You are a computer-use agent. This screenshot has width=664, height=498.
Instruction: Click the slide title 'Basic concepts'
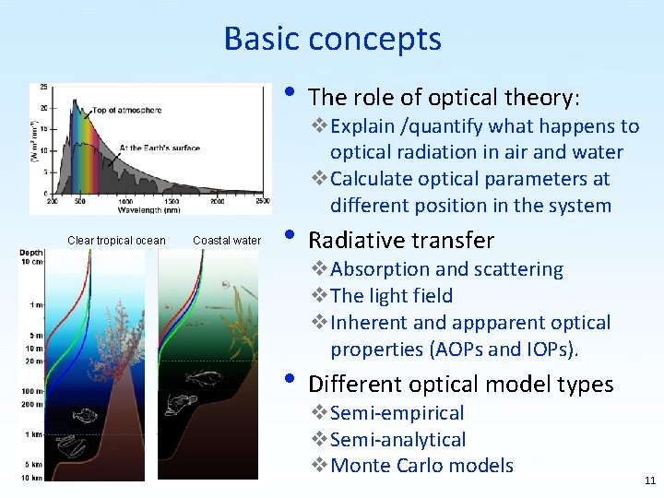[x=332, y=39]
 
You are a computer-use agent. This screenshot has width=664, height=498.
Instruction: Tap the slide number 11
[x=650, y=480]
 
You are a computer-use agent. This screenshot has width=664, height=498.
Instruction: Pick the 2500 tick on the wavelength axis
[x=262, y=200]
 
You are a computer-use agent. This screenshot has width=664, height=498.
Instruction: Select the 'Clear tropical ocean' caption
[x=116, y=242]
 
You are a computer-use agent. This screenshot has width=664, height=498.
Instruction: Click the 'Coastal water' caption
[x=227, y=242]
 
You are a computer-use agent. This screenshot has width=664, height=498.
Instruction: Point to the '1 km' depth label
[x=34, y=434]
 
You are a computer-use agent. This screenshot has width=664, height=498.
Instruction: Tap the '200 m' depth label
[x=32, y=405]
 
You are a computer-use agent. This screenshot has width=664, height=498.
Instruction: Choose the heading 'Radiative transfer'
[x=401, y=241]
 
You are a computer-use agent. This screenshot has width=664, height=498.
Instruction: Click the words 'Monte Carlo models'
[x=421, y=466]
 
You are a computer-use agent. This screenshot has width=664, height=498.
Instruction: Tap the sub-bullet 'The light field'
[x=391, y=296]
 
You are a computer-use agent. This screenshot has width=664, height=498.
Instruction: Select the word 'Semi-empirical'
[x=397, y=413]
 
